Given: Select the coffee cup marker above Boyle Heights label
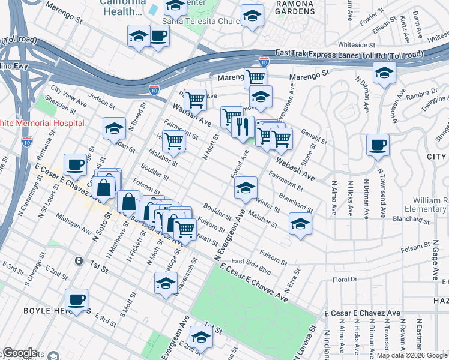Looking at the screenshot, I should click(x=76, y=300).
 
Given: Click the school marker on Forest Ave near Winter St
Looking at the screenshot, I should click(x=246, y=188).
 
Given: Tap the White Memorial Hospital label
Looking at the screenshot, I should click(x=41, y=122).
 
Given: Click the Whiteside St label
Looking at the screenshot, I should click(x=357, y=44).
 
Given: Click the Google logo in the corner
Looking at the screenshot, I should click(x=20, y=353).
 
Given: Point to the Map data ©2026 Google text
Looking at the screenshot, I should click(x=411, y=355).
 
